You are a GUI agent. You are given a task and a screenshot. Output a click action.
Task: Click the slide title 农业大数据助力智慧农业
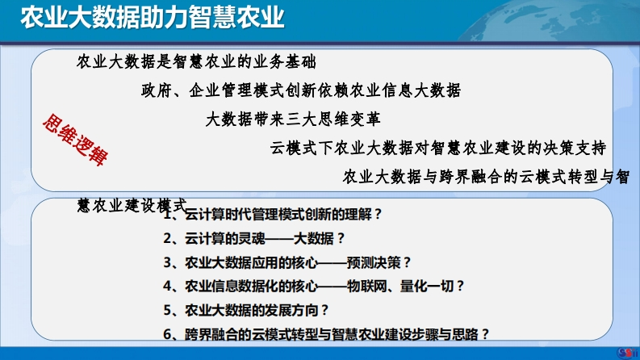click(153, 18)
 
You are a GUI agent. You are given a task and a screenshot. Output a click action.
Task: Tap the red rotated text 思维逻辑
click(76, 139)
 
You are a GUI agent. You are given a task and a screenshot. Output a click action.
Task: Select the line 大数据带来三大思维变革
click(293, 119)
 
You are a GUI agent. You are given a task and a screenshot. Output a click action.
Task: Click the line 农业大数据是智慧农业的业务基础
click(196, 61)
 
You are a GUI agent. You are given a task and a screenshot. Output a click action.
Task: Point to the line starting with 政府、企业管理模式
click(301, 90)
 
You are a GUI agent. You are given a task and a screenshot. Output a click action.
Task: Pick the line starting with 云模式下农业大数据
click(438, 148)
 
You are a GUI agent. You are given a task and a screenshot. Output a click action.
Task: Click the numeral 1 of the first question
click(167, 215)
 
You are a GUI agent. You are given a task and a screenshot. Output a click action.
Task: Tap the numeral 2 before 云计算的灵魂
click(167, 238)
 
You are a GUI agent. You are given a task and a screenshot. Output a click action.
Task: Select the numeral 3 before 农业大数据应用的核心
click(167, 262)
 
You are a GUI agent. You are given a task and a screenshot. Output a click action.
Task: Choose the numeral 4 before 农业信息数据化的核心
click(167, 286)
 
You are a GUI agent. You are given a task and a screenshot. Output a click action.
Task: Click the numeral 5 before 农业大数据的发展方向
click(167, 310)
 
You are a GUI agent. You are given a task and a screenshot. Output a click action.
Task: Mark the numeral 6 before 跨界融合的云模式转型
click(167, 334)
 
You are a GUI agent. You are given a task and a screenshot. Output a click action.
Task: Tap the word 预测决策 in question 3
click(374, 262)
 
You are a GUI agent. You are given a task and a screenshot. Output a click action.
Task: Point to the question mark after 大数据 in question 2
click(341, 238)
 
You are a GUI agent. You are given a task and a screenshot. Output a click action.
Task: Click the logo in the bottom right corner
click(626, 353)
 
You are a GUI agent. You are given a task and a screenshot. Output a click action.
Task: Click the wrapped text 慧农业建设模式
click(132, 205)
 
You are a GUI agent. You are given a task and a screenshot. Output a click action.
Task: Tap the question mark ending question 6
click(485, 334)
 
